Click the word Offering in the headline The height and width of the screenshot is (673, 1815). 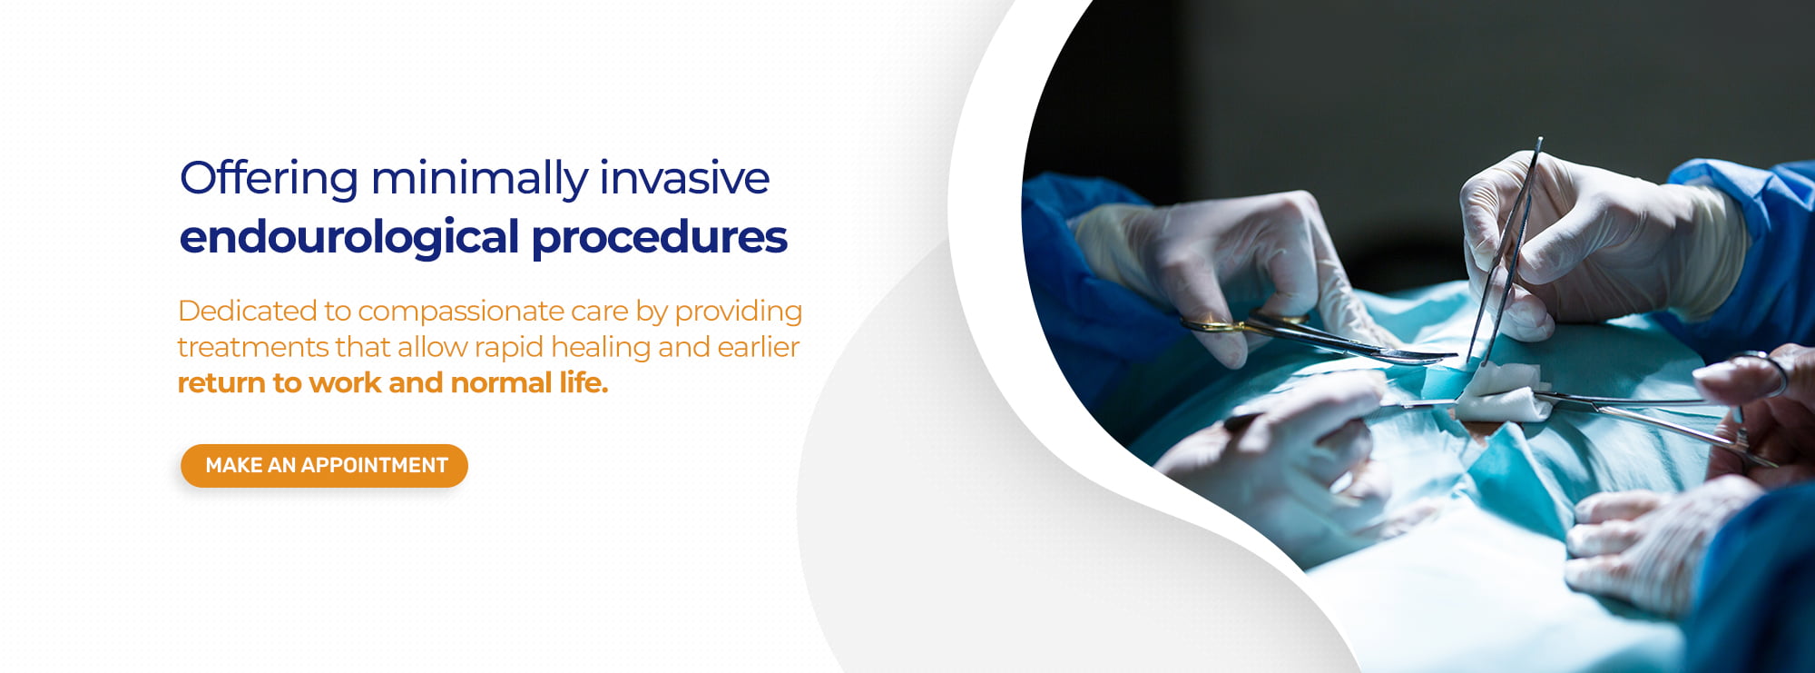pyautogui.click(x=270, y=178)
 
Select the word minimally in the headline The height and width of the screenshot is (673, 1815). pyautogui.click(x=480, y=178)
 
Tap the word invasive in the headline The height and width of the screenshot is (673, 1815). pyautogui.click(x=685, y=178)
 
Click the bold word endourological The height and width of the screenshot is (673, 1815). pyautogui.click(x=349, y=238)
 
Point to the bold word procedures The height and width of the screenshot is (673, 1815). pyautogui.click(x=660, y=238)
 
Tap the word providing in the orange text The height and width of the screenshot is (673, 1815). pyautogui.click(x=739, y=312)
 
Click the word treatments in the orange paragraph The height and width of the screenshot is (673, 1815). pyautogui.click(x=253, y=347)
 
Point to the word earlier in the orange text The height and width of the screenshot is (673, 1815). pyautogui.click(x=759, y=347)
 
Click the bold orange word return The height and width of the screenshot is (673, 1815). pyautogui.click(x=221, y=383)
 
